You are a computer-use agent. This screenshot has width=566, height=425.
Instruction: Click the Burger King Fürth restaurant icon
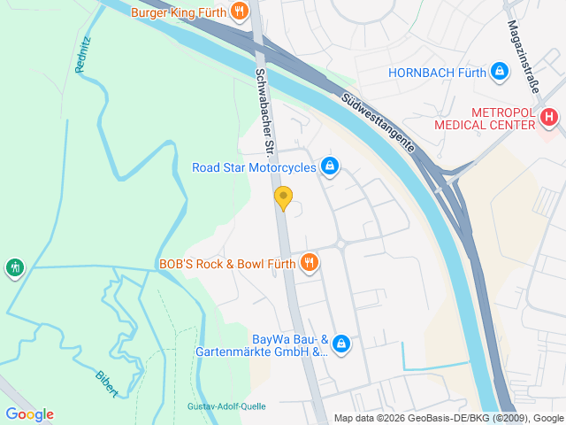click(x=239, y=12)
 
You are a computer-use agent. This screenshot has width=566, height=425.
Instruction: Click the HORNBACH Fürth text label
click(x=437, y=73)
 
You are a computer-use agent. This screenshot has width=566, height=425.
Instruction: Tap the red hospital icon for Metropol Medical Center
click(x=549, y=116)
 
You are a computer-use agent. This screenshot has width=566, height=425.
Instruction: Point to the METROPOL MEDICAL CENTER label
click(x=485, y=119)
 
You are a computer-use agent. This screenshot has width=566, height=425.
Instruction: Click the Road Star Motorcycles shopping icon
click(x=331, y=166)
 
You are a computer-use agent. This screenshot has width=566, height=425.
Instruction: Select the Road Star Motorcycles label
click(x=255, y=166)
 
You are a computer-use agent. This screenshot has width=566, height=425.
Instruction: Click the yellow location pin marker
click(x=283, y=198)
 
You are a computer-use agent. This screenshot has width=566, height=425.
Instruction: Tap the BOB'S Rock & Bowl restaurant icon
click(x=309, y=262)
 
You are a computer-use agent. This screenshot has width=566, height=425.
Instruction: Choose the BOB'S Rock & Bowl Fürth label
click(x=226, y=263)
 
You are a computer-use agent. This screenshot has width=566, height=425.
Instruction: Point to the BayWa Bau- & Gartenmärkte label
click(x=263, y=345)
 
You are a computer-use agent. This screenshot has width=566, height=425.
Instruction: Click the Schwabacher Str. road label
click(x=264, y=109)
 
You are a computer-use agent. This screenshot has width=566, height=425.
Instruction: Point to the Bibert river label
click(x=106, y=382)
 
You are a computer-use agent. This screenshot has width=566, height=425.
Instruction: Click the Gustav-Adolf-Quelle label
click(x=226, y=406)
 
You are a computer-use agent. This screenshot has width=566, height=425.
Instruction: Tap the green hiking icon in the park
click(x=14, y=267)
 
